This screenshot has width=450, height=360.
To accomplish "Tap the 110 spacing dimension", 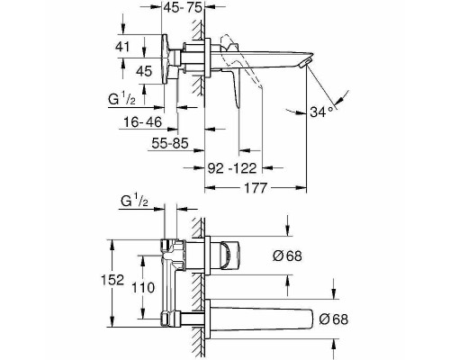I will click(130, 286).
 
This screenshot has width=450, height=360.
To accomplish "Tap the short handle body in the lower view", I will click(228, 256).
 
